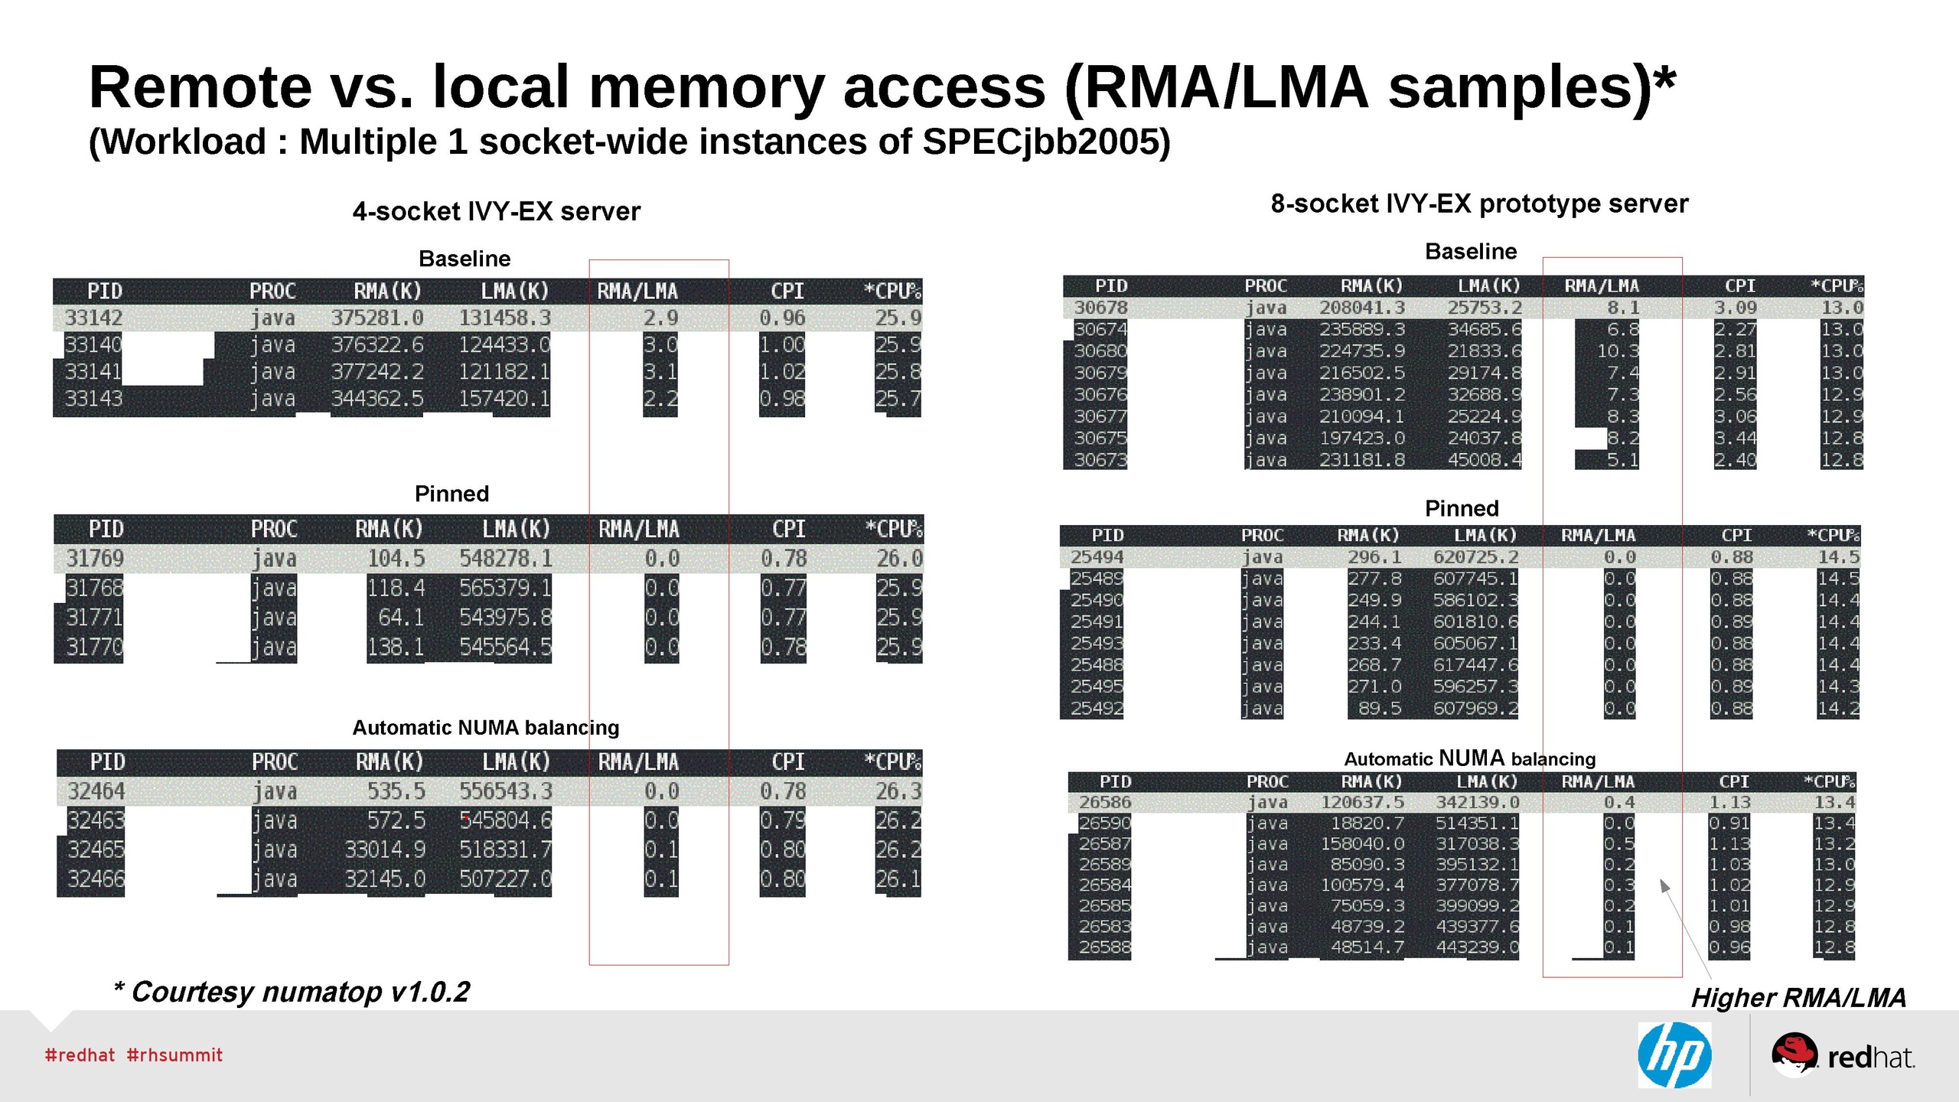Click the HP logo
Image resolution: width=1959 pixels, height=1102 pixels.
coord(1674,1055)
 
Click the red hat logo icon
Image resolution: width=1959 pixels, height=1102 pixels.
coord(1794,1055)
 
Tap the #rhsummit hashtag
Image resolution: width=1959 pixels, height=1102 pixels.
coord(174,1055)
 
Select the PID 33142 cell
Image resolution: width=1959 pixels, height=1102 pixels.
coord(93,318)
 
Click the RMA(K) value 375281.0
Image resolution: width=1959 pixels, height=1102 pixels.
coord(376,318)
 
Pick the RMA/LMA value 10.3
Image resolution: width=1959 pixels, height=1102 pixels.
coord(1617,351)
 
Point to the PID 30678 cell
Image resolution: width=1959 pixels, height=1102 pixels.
coord(1100,308)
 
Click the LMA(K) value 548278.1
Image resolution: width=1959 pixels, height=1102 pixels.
coord(505,559)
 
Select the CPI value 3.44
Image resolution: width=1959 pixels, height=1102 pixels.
coord(1734,439)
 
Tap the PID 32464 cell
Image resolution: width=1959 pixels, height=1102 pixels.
coord(96,791)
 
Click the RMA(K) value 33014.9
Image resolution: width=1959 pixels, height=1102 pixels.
coord(384,850)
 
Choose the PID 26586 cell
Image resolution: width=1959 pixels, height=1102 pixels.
coord(1104,803)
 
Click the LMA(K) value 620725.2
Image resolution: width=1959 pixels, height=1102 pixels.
coord(1475,557)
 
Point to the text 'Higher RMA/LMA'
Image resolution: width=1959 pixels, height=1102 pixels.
coord(1798,998)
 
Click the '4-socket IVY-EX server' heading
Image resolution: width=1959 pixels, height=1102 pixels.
coord(496,211)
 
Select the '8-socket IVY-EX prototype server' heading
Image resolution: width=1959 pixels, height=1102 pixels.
coord(1478,204)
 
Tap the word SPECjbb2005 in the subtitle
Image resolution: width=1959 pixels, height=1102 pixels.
coord(1045,142)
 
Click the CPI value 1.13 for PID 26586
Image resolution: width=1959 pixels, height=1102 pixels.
coord(1729,803)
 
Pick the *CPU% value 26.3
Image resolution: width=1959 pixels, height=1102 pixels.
coord(898,791)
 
